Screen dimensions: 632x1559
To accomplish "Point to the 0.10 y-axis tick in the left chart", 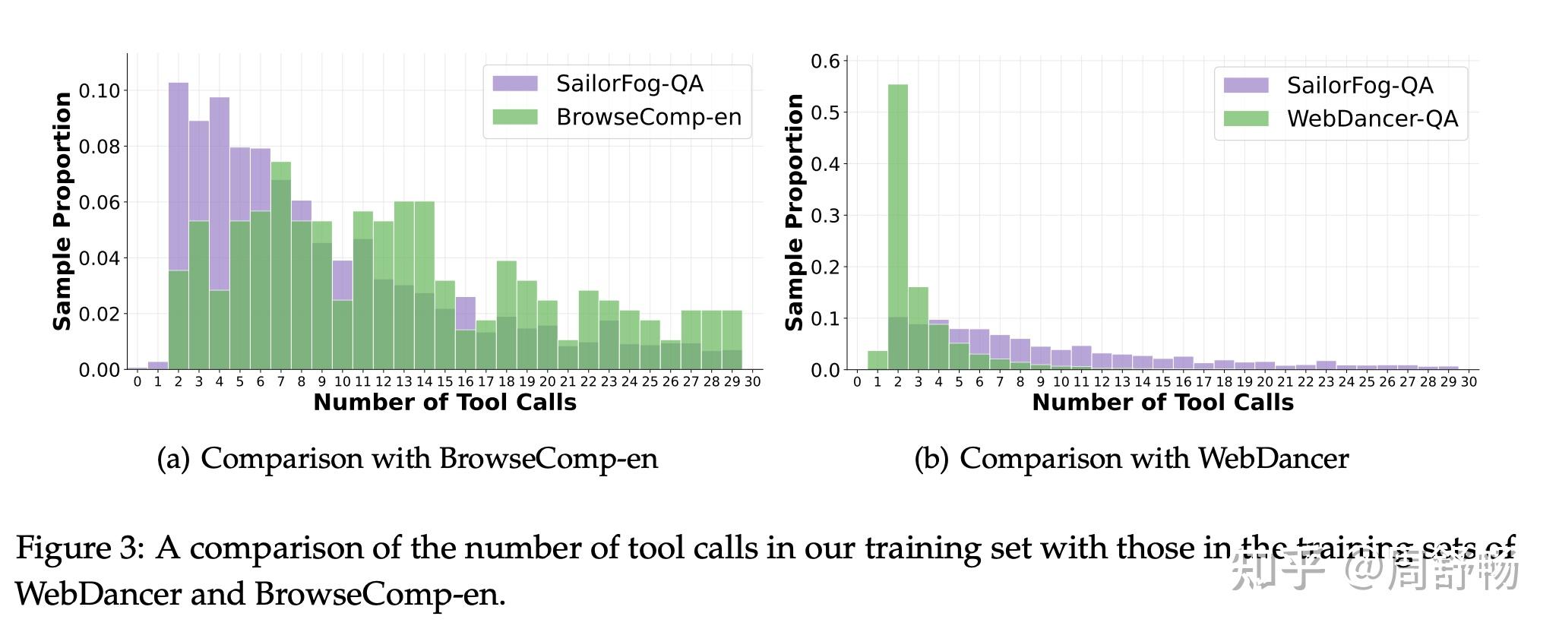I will (x=100, y=91).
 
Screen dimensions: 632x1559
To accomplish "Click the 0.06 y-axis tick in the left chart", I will (x=100, y=203).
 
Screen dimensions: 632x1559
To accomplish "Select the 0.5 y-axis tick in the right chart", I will (x=825, y=112).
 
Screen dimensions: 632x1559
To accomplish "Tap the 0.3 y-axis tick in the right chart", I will (x=825, y=216).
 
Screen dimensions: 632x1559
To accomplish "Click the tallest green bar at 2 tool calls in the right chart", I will (x=898, y=228).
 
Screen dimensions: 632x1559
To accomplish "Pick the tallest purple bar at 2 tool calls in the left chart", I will (x=179, y=175).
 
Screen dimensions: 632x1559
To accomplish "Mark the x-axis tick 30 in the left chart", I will (x=752, y=382).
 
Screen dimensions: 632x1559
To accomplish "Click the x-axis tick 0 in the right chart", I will (x=857, y=382).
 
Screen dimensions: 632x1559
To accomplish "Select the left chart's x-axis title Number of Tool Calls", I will (x=444, y=403).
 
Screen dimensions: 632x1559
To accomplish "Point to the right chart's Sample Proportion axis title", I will (x=795, y=212).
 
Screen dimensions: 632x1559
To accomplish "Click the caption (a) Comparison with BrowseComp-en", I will (x=407, y=459).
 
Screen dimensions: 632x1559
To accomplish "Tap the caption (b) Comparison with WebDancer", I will (x=1131, y=459).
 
